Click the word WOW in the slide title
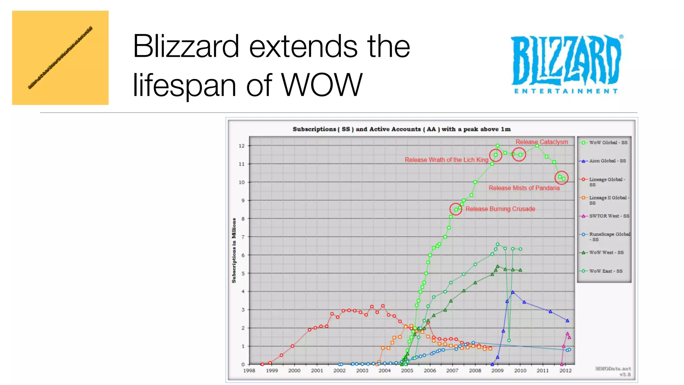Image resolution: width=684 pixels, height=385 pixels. (x=321, y=85)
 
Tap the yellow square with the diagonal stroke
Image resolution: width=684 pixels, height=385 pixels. (x=60, y=58)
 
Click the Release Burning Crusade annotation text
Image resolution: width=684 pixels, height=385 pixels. (x=500, y=209)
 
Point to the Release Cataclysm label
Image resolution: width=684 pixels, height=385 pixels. (x=541, y=142)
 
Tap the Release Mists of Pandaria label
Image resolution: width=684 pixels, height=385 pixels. (x=524, y=188)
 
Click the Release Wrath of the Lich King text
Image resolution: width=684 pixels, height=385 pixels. (x=446, y=160)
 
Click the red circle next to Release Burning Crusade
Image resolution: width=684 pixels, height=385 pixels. (x=456, y=210)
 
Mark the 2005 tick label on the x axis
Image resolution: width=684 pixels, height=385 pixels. (x=407, y=371)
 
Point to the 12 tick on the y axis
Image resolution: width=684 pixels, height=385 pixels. (x=241, y=146)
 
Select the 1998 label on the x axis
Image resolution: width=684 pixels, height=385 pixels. (x=249, y=371)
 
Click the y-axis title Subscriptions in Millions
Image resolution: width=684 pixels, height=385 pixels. (x=234, y=251)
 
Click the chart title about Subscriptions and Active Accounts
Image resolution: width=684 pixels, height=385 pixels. (x=401, y=129)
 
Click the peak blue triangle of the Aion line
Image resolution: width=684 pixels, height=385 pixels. (x=513, y=292)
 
